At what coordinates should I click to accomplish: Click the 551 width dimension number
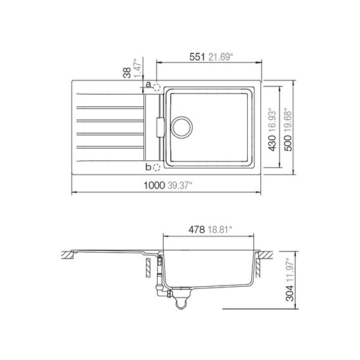(x=197, y=57)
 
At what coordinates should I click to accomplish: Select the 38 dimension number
(x=127, y=73)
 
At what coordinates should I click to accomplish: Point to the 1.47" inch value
(x=138, y=68)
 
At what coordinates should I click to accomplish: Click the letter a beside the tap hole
(x=149, y=85)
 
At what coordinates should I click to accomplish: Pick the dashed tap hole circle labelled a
(x=157, y=88)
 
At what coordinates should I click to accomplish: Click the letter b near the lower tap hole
(x=148, y=167)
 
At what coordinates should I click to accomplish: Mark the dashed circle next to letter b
(x=157, y=168)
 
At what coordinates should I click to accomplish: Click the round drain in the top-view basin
(x=182, y=127)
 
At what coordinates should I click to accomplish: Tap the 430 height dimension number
(x=272, y=143)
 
